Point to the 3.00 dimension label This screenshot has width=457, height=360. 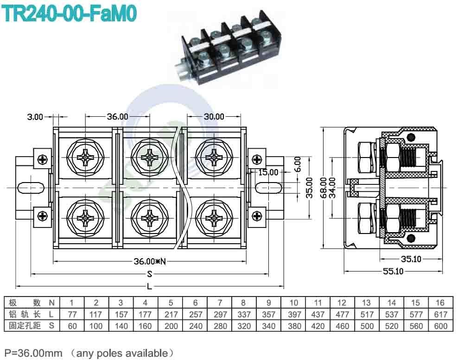tap(35, 117)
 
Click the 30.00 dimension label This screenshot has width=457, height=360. tap(213, 117)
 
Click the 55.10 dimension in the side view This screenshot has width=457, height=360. tap(393, 272)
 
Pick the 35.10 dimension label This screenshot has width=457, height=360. tap(411, 259)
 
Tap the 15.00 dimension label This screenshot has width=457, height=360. tap(268, 172)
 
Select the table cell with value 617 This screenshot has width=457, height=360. tap(439, 315)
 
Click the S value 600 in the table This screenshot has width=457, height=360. tap(439, 326)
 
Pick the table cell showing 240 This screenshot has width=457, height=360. tap(195, 326)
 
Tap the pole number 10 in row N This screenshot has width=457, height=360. tap(293, 303)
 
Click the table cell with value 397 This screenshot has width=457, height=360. tap(293, 315)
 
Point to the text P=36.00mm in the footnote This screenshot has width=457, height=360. tap(33, 353)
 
